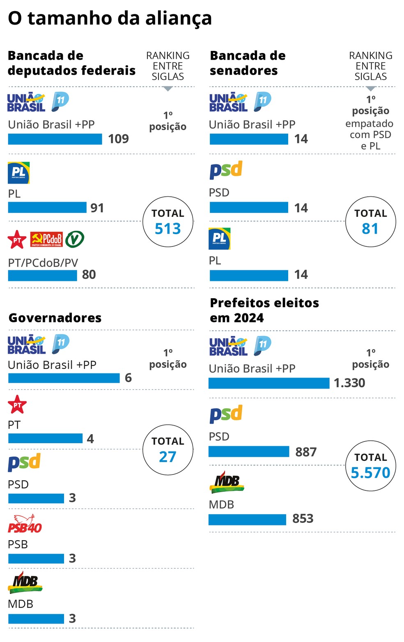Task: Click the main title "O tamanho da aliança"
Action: [110, 18]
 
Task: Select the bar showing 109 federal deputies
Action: [55, 139]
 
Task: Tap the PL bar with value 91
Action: [47, 207]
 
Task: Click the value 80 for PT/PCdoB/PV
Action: [89, 274]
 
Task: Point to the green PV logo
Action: [75, 239]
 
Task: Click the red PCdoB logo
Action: [46, 239]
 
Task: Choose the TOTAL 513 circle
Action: [168, 222]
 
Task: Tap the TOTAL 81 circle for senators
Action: [370, 222]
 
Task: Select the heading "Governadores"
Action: [55, 318]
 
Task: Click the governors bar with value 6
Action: [64, 378]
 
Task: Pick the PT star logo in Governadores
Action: [17, 405]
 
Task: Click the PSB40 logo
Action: [25, 525]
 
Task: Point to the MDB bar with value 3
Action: [36, 619]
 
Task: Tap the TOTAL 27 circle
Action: [168, 450]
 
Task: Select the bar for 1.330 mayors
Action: [269, 383]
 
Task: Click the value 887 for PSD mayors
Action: [306, 452]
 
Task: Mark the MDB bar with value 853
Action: [247, 520]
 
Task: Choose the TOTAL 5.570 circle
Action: [370, 466]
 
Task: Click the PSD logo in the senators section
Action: [226, 170]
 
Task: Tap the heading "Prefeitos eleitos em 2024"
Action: [264, 311]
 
